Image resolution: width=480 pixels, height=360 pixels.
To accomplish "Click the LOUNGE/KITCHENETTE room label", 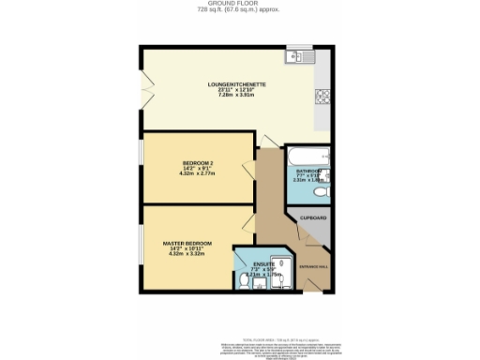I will (238, 83).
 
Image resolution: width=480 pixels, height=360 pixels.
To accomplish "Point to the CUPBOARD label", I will (313, 217).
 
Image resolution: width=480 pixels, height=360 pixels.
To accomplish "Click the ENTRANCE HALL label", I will (313, 267).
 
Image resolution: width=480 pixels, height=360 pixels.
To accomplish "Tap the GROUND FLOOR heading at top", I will (240, 4).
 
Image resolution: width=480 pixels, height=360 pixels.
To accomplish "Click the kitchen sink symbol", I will (301, 55).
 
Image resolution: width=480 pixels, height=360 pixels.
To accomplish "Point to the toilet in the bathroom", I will (321, 191).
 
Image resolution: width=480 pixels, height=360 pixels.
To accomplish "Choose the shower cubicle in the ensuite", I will (281, 264).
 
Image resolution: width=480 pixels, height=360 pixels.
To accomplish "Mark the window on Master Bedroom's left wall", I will (142, 247).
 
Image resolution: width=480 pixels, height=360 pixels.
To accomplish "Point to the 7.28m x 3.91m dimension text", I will (238, 95).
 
